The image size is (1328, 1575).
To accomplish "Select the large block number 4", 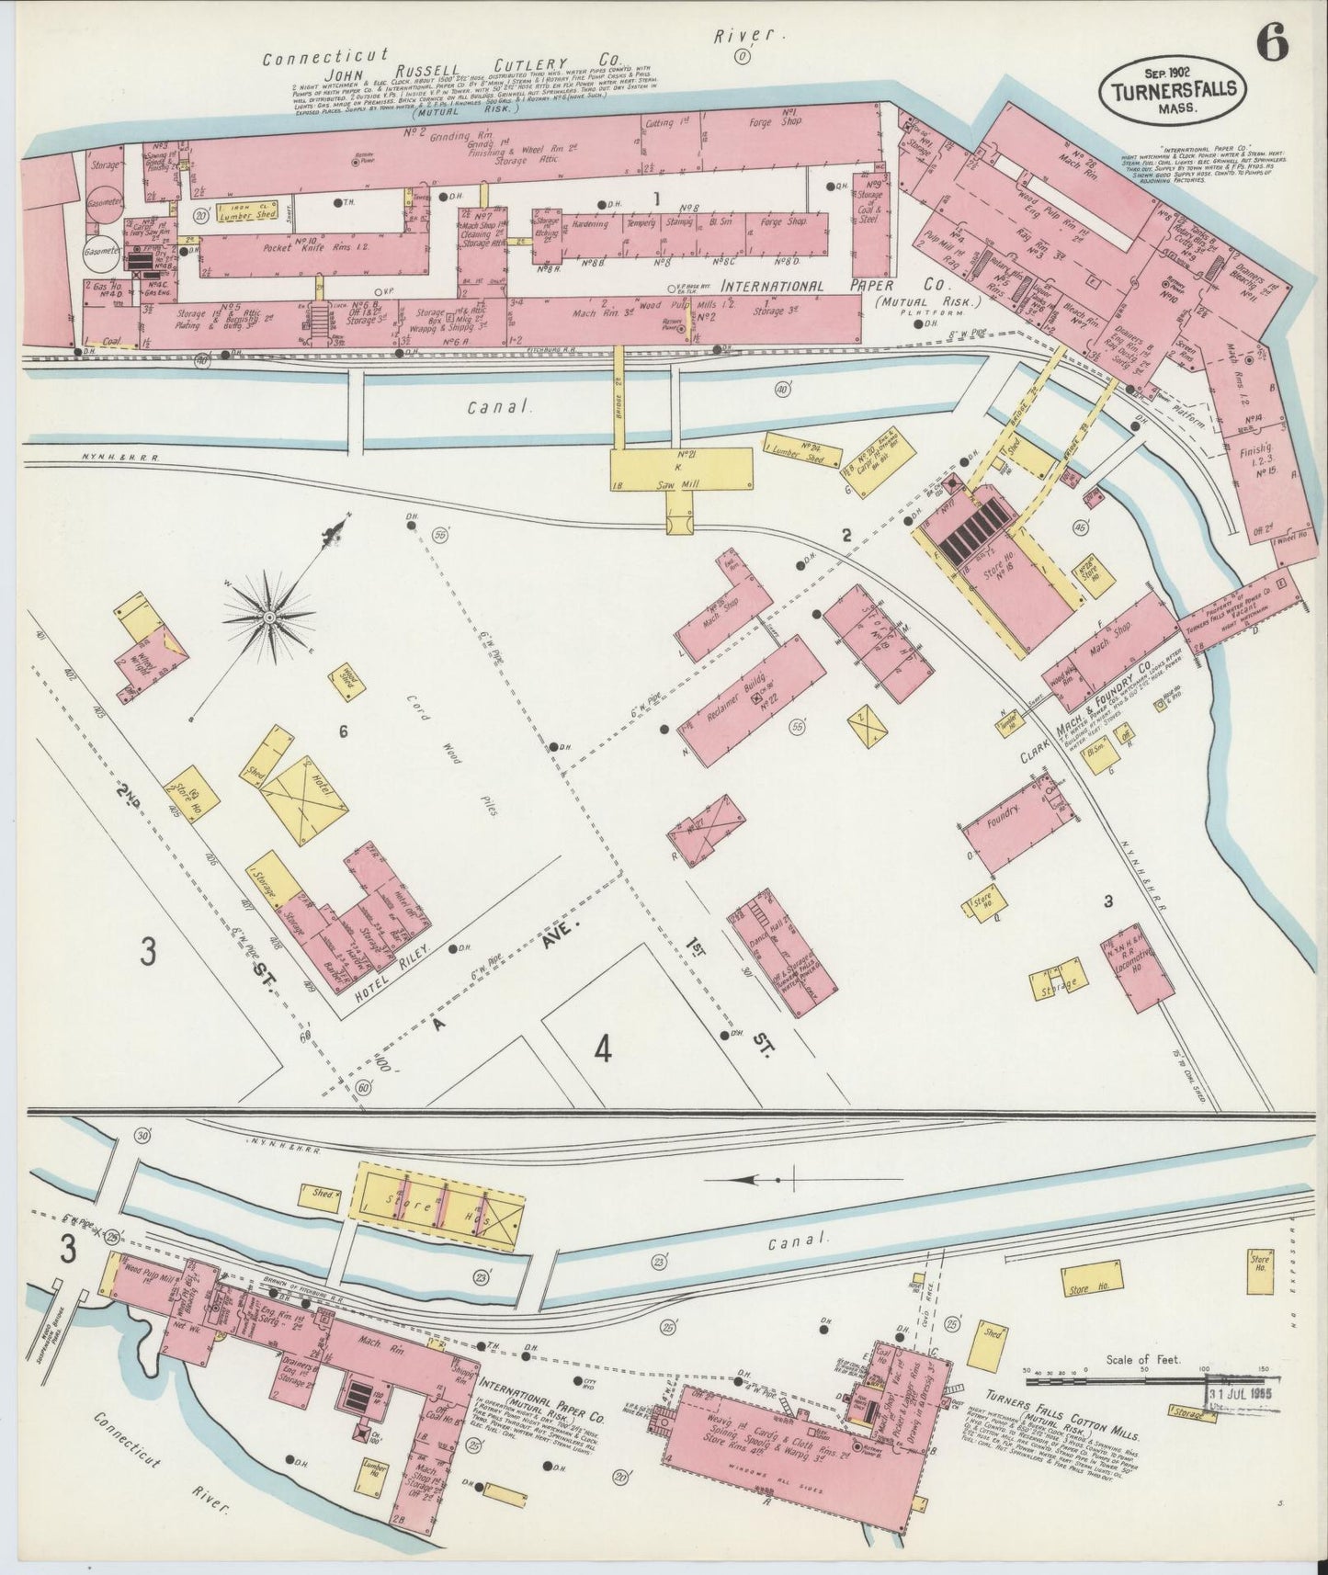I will point(602,1048).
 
